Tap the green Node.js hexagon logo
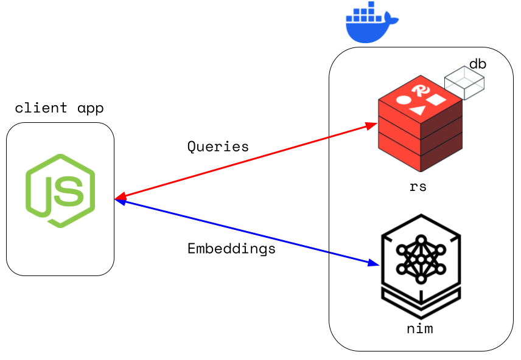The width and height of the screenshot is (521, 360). click(60, 190)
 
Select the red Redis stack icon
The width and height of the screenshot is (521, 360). click(419, 128)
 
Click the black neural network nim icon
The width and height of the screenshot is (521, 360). click(420, 265)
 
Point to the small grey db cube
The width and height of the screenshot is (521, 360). click(464, 83)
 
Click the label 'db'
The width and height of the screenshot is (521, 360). click(478, 64)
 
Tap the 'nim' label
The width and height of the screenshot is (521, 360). click(419, 330)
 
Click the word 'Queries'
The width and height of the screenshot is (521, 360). click(218, 147)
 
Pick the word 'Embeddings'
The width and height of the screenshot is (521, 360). click(231, 249)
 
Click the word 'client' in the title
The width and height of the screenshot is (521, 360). click(41, 109)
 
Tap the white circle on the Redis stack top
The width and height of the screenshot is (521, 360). click(403, 99)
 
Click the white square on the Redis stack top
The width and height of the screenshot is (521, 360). click(436, 99)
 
